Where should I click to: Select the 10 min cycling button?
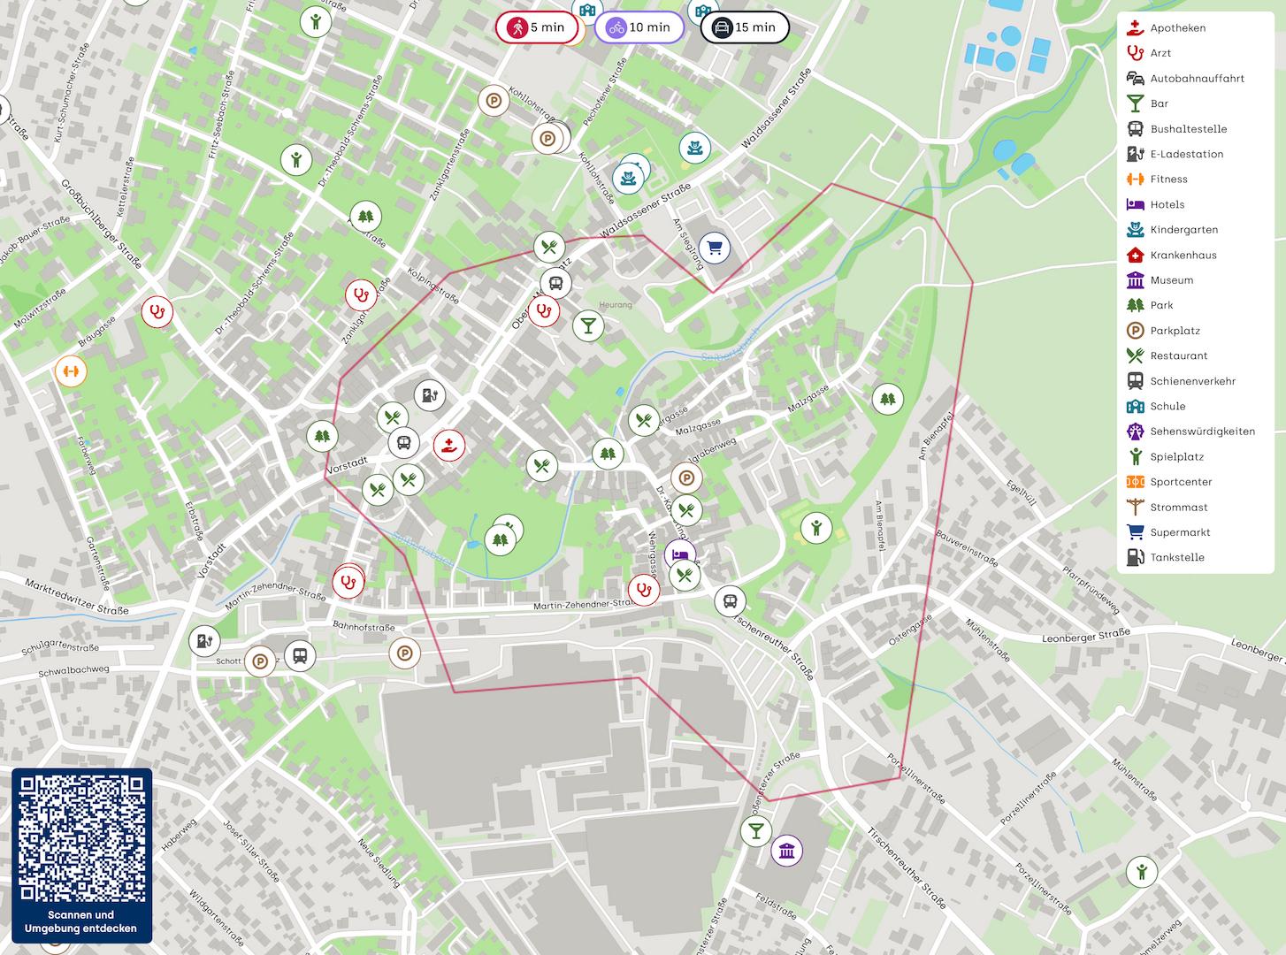(639, 27)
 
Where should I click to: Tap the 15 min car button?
(745, 27)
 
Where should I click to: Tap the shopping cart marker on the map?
(715, 248)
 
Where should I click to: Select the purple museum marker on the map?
(786, 852)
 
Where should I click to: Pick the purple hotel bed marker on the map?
(679, 555)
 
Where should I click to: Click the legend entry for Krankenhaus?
(1183, 255)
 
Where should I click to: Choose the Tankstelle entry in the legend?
(1176, 557)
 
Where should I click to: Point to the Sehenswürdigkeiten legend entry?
(1201, 432)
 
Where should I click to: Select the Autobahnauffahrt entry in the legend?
(1197, 78)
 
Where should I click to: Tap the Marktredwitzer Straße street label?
(77, 598)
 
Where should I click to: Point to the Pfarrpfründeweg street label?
(1091, 591)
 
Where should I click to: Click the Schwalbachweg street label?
(73, 669)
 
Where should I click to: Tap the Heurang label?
(616, 305)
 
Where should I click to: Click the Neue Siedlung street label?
(379, 862)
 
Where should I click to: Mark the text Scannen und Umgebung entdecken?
(81, 921)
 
